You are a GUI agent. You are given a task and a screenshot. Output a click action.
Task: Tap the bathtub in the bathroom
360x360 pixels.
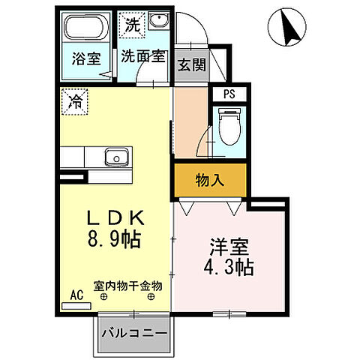click(84, 30)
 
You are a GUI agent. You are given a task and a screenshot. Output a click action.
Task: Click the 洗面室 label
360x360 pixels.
click(142, 57)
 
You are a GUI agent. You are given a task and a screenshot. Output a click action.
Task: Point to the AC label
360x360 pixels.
click(76, 295)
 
